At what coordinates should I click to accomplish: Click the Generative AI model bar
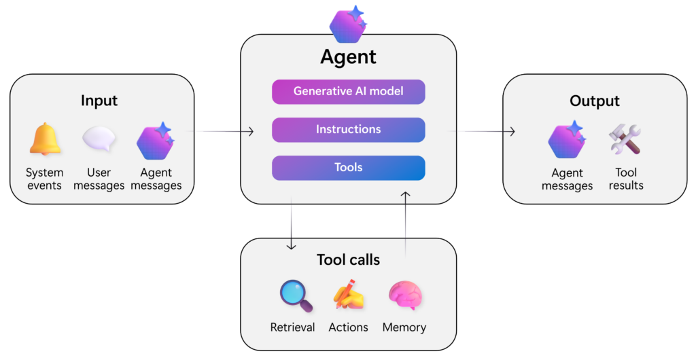(x=348, y=91)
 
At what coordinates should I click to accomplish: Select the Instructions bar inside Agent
(x=348, y=129)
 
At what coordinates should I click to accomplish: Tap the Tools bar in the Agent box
(x=348, y=168)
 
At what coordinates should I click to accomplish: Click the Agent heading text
(x=348, y=56)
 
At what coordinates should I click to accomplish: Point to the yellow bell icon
(x=45, y=139)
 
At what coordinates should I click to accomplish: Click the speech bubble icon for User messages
(x=99, y=139)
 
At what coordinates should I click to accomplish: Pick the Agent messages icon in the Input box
(x=155, y=141)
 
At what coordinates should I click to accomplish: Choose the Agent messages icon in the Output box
(x=567, y=140)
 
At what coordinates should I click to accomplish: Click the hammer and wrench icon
(x=625, y=139)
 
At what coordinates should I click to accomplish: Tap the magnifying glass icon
(x=296, y=296)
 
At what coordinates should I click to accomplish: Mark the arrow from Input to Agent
(x=224, y=131)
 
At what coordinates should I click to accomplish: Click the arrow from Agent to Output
(x=485, y=131)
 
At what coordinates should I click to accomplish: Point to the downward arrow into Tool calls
(x=292, y=224)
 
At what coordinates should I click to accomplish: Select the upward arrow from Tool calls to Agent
(x=406, y=224)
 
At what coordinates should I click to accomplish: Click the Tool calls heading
(x=348, y=259)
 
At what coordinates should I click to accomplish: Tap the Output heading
(x=595, y=101)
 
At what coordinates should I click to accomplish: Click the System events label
(x=45, y=179)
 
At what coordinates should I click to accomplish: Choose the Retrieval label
(x=292, y=327)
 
